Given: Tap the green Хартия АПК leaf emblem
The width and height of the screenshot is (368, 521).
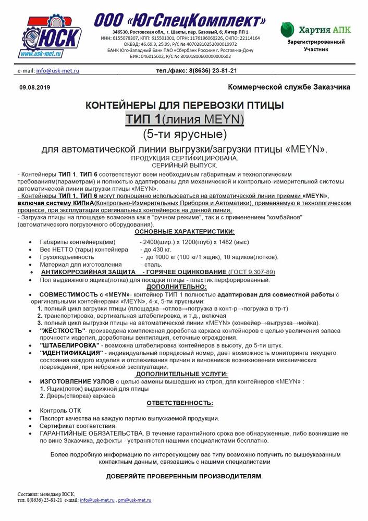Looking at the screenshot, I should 289,30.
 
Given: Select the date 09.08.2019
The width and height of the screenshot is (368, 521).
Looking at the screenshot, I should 34,88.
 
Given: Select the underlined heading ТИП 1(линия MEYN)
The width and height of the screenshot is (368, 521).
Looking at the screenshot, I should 184,120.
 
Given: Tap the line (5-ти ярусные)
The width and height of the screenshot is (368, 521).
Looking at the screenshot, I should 184,134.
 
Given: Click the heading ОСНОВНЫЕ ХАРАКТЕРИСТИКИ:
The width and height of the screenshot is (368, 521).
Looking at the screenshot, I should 184,231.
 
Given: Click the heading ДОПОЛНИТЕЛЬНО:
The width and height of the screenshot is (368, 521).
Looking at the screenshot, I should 177,287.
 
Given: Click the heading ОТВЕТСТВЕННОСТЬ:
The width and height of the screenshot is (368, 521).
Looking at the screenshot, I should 180,403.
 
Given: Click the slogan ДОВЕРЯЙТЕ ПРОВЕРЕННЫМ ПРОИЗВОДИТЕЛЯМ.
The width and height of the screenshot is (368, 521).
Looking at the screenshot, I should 185,476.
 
